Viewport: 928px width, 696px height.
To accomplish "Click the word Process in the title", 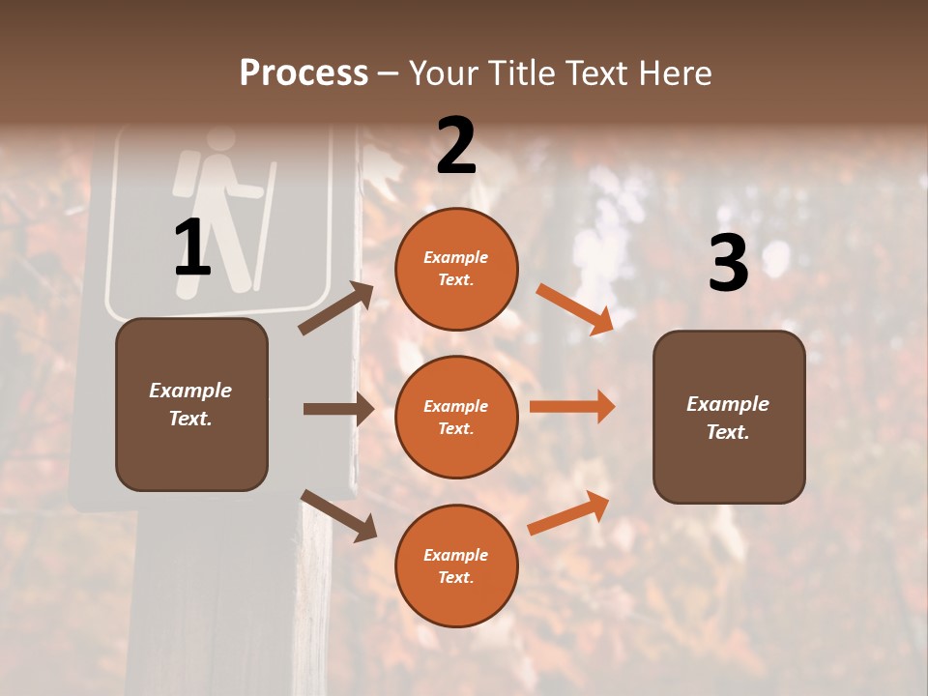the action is tap(304, 72).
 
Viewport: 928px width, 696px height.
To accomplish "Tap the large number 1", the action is tap(192, 248).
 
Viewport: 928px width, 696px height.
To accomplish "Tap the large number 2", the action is tap(456, 146).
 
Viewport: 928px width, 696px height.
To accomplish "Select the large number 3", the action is tap(728, 264).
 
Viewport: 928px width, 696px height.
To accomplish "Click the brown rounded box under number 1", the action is tap(191, 404).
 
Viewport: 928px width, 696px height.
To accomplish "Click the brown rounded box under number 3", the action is tap(729, 417).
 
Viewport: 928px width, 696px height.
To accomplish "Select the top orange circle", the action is tap(456, 269).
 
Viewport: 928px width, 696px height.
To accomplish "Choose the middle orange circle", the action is tap(456, 417).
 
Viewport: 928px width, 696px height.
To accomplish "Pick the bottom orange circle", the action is tap(456, 565).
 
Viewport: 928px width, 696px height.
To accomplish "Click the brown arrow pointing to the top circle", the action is tap(336, 308).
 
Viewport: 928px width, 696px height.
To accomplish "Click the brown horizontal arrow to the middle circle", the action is tap(338, 409).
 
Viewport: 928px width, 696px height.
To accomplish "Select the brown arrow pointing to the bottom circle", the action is tap(338, 514).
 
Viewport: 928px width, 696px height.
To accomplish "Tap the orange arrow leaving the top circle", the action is tap(574, 309).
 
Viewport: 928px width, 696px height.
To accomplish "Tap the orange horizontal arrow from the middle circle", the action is tap(571, 406).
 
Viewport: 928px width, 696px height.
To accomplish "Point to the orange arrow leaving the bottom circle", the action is tap(568, 513).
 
